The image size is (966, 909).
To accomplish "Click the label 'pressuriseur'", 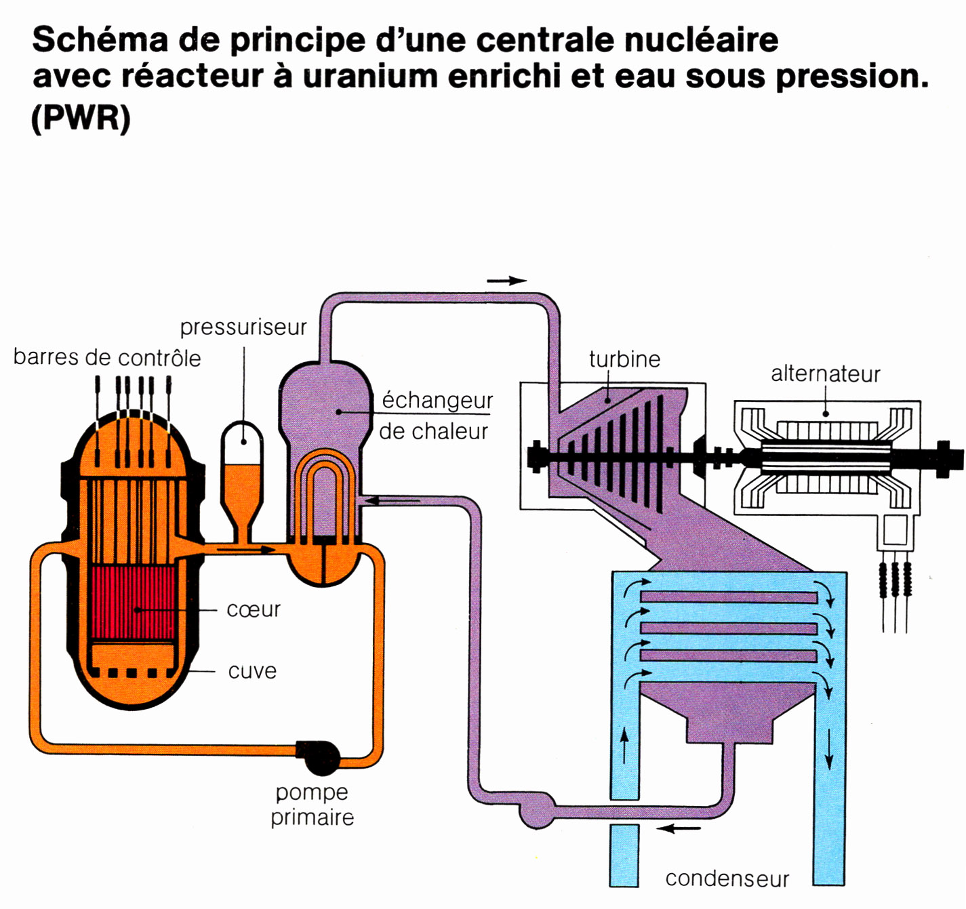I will (x=243, y=327).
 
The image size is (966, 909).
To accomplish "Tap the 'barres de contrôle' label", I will (x=107, y=357).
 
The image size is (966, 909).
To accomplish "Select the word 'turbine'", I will (x=624, y=359).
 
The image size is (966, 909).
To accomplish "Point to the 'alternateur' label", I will (x=825, y=373).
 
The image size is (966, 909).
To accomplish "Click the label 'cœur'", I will (x=253, y=609).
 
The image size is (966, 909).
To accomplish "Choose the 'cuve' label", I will (x=252, y=671).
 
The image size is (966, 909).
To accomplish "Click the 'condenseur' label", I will (x=727, y=878).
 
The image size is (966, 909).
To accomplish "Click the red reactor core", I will (x=133, y=603).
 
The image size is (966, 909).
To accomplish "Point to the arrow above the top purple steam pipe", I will (x=507, y=281).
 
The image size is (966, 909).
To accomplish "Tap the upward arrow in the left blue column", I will (x=624, y=746).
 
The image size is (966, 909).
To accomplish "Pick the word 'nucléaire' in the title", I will (x=701, y=40).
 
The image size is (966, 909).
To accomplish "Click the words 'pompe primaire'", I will (x=312, y=805).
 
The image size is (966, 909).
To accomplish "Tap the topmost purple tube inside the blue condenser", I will (x=729, y=598).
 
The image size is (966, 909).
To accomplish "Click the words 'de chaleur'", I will (x=433, y=431).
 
